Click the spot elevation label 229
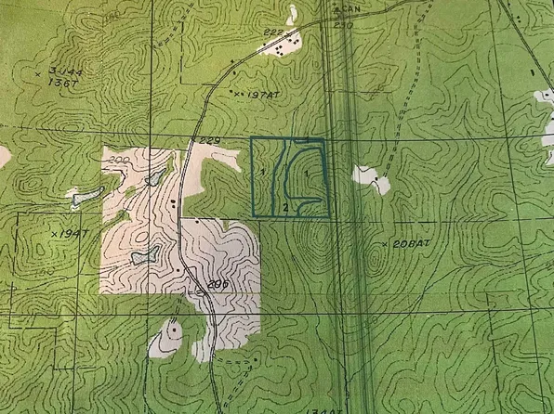pyautogui.click(x=209, y=140)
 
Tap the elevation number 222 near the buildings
pyautogui.click(x=273, y=33)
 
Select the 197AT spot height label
pyautogui.click(x=254, y=94)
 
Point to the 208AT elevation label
pyautogui.click(x=410, y=243)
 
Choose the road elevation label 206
pyautogui.click(x=218, y=284)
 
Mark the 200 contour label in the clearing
pyautogui.click(x=117, y=161)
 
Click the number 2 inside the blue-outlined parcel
pyautogui.click(x=285, y=204)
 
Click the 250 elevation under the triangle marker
pyautogui.click(x=343, y=25)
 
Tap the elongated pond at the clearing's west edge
pyautogui.click(x=86, y=195)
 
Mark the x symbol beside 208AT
pyautogui.click(x=385, y=243)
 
